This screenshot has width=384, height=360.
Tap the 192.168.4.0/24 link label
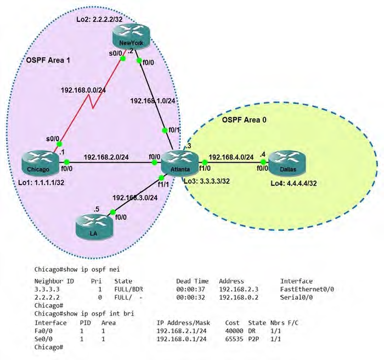(231, 157)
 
